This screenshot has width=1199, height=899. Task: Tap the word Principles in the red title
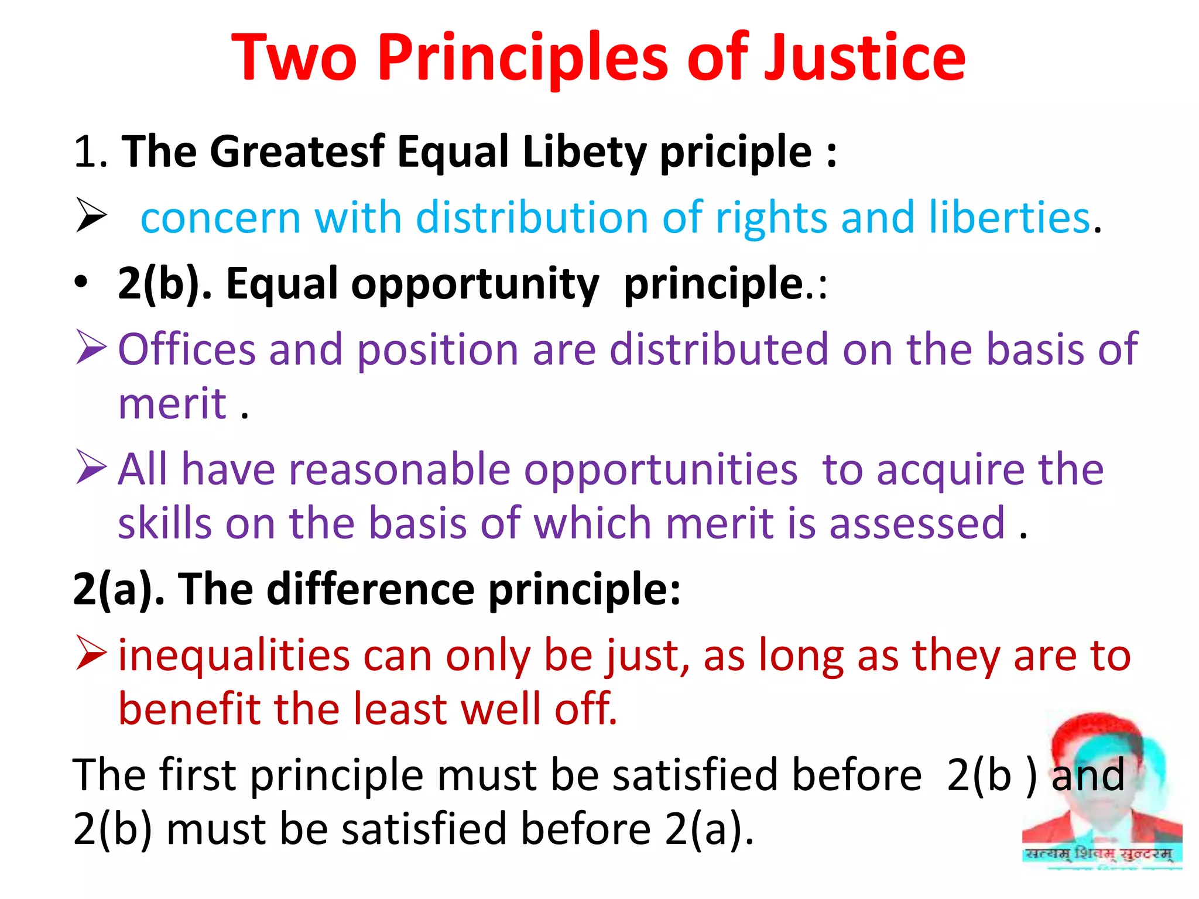(523, 59)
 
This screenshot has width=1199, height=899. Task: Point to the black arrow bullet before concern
(91, 215)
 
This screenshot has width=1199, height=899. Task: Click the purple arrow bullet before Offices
(91, 346)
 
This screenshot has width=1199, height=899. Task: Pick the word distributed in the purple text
(719, 349)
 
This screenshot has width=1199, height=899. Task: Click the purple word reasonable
(400, 469)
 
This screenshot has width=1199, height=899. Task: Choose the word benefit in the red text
(189, 709)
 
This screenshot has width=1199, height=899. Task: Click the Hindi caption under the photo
(1099, 854)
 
